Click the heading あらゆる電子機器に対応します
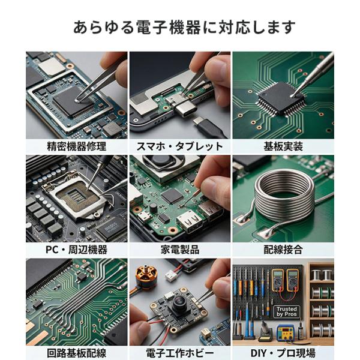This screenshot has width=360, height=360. (x=184, y=27)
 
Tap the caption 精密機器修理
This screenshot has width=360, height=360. (x=77, y=146)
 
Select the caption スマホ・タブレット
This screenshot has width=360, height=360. (x=180, y=146)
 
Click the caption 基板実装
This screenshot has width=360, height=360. (x=283, y=146)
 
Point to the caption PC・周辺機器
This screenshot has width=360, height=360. (x=77, y=250)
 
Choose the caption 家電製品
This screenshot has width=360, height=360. (x=180, y=250)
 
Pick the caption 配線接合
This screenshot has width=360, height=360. (x=283, y=250)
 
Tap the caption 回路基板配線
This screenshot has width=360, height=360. (x=77, y=353)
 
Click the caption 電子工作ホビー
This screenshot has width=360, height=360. (x=180, y=353)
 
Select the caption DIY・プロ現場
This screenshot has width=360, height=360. (x=283, y=353)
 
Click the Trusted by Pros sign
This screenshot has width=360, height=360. (x=287, y=311)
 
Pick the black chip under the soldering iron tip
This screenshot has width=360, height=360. (x=281, y=99)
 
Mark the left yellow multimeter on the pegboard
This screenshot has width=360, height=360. (x=277, y=281)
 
